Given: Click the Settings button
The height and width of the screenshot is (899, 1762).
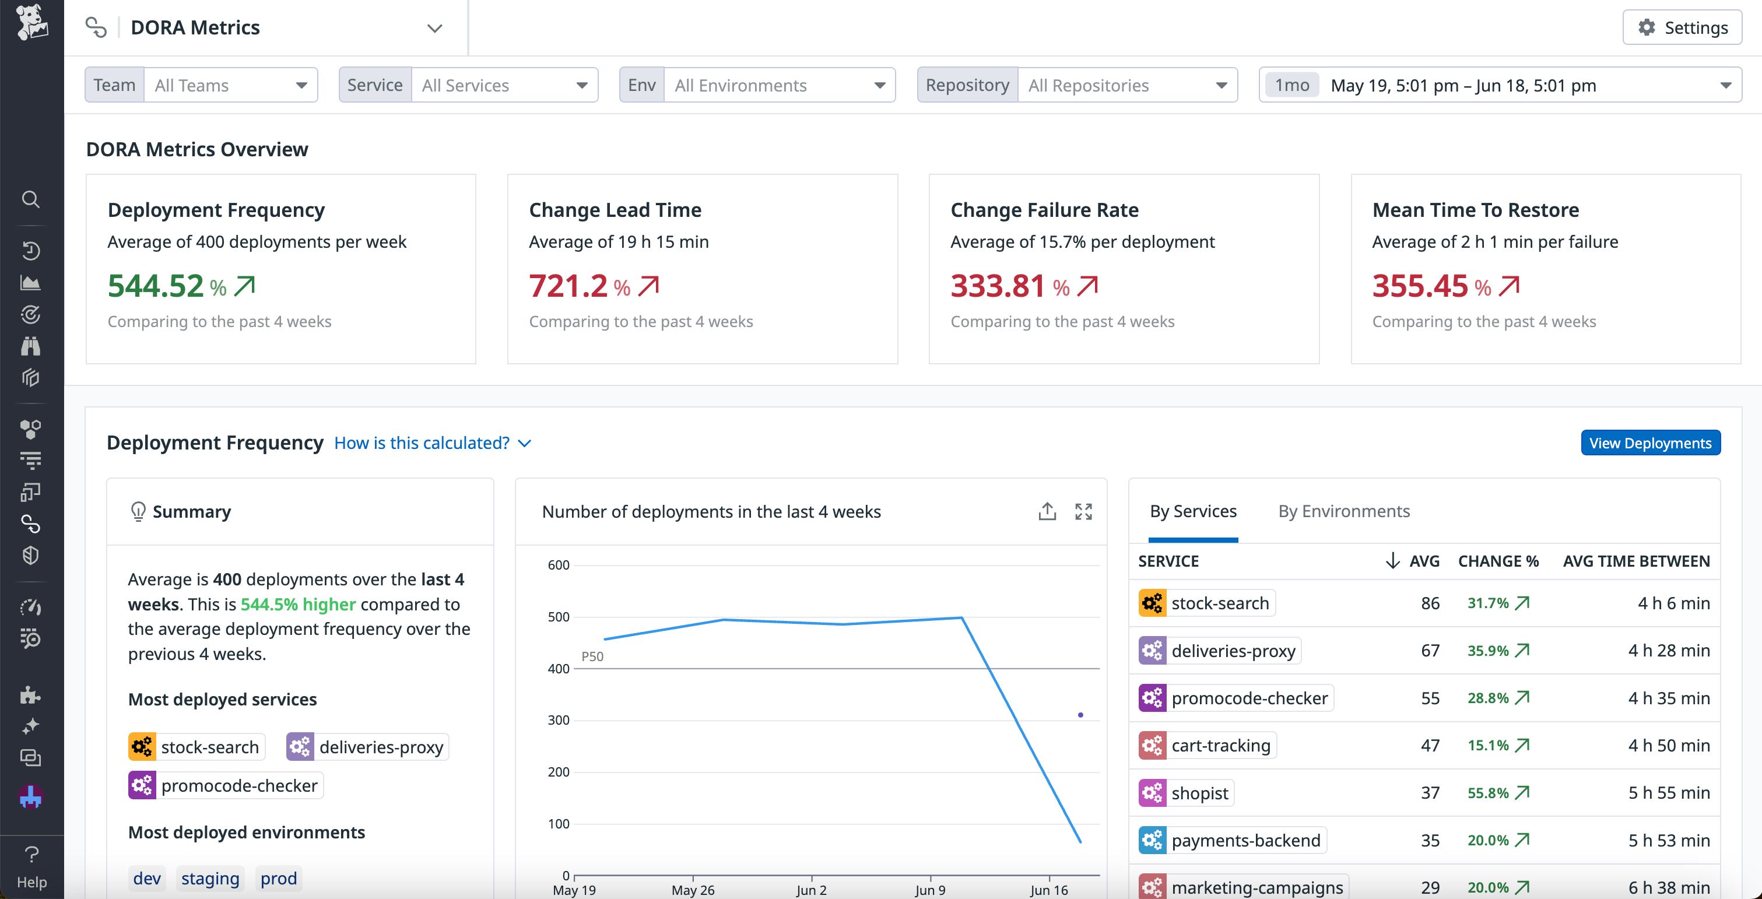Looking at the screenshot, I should coord(1682,27).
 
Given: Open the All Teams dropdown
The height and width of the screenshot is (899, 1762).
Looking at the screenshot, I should coord(230,85).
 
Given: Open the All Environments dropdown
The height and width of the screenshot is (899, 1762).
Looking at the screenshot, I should coord(779,85).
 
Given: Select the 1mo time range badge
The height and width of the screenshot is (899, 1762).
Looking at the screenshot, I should coord(1291,85).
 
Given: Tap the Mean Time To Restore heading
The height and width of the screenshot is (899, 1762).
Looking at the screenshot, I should coord(1475,210).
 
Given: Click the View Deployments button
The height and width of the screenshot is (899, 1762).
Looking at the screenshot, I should coord(1650,443).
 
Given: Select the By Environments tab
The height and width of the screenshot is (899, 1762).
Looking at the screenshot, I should coord(1343,511).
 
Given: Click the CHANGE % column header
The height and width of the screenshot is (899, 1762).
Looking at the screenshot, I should coord(1498,561).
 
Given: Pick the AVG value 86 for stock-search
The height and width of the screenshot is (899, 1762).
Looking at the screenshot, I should coord(1430,603).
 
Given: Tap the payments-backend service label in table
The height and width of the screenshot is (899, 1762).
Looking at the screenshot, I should coord(1245,840).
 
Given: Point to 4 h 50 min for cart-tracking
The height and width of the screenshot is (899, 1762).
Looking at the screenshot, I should coord(1668,746).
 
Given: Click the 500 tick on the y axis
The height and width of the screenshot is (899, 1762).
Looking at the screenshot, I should coord(558,617).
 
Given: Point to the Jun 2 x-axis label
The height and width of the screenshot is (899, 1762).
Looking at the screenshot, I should coord(811,890).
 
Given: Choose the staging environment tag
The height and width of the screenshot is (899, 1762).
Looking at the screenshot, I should coord(210,879).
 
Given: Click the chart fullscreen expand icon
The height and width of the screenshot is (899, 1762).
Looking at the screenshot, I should coord(1083,512).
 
